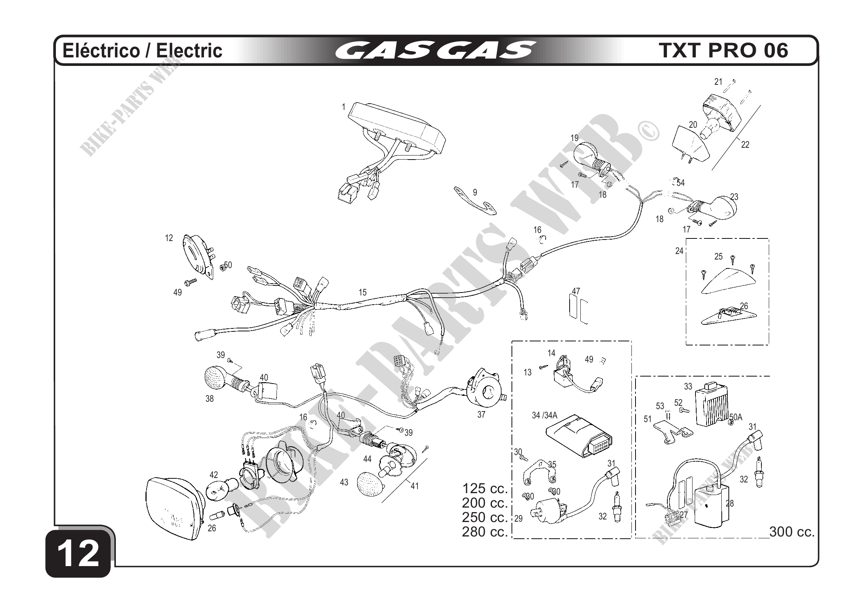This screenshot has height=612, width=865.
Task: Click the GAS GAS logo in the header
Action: (435, 50)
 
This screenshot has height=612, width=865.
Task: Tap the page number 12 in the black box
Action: (79, 553)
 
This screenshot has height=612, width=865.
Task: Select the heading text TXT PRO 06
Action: (723, 50)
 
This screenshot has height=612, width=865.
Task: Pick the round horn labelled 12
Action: (197, 256)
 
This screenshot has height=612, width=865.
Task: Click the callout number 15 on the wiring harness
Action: (362, 292)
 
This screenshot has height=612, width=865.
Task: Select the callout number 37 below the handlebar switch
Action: (481, 415)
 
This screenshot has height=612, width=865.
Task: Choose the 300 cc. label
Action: (792, 532)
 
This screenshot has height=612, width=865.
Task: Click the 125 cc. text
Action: (485, 488)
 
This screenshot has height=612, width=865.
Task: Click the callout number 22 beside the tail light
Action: (745, 144)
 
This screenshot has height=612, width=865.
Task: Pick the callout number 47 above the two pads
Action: (576, 291)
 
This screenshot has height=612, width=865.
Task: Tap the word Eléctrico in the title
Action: (101, 50)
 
